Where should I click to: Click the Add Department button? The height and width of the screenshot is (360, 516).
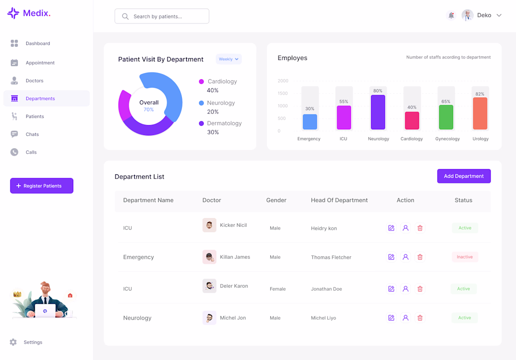[463, 176]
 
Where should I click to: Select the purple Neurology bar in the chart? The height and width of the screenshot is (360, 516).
[378, 112]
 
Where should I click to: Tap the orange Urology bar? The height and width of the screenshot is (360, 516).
[480, 113]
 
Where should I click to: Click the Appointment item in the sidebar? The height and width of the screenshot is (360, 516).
[40, 63]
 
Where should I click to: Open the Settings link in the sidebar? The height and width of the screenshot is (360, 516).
[33, 342]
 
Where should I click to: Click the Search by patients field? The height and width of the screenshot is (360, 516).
[162, 16]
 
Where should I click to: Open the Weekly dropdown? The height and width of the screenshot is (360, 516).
[229, 59]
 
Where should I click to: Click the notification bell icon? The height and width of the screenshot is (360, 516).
[451, 15]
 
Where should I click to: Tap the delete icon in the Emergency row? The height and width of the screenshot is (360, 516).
[420, 257]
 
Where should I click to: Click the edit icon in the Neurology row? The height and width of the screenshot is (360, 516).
[391, 318]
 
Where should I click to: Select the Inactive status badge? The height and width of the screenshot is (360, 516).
[464, 257]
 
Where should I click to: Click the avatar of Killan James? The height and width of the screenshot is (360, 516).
[209, 257]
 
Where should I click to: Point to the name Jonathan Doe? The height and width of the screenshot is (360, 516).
[326, 289]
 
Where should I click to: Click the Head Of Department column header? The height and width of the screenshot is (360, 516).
[339, 200]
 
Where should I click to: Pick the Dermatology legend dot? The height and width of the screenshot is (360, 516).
[201, 123]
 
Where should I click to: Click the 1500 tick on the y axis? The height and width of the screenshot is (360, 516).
[282, 93]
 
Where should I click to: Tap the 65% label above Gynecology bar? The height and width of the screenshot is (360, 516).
[446, 102]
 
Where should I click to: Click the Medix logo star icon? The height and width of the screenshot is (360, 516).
[13, 13]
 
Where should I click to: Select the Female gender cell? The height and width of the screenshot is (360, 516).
[278, 289]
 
